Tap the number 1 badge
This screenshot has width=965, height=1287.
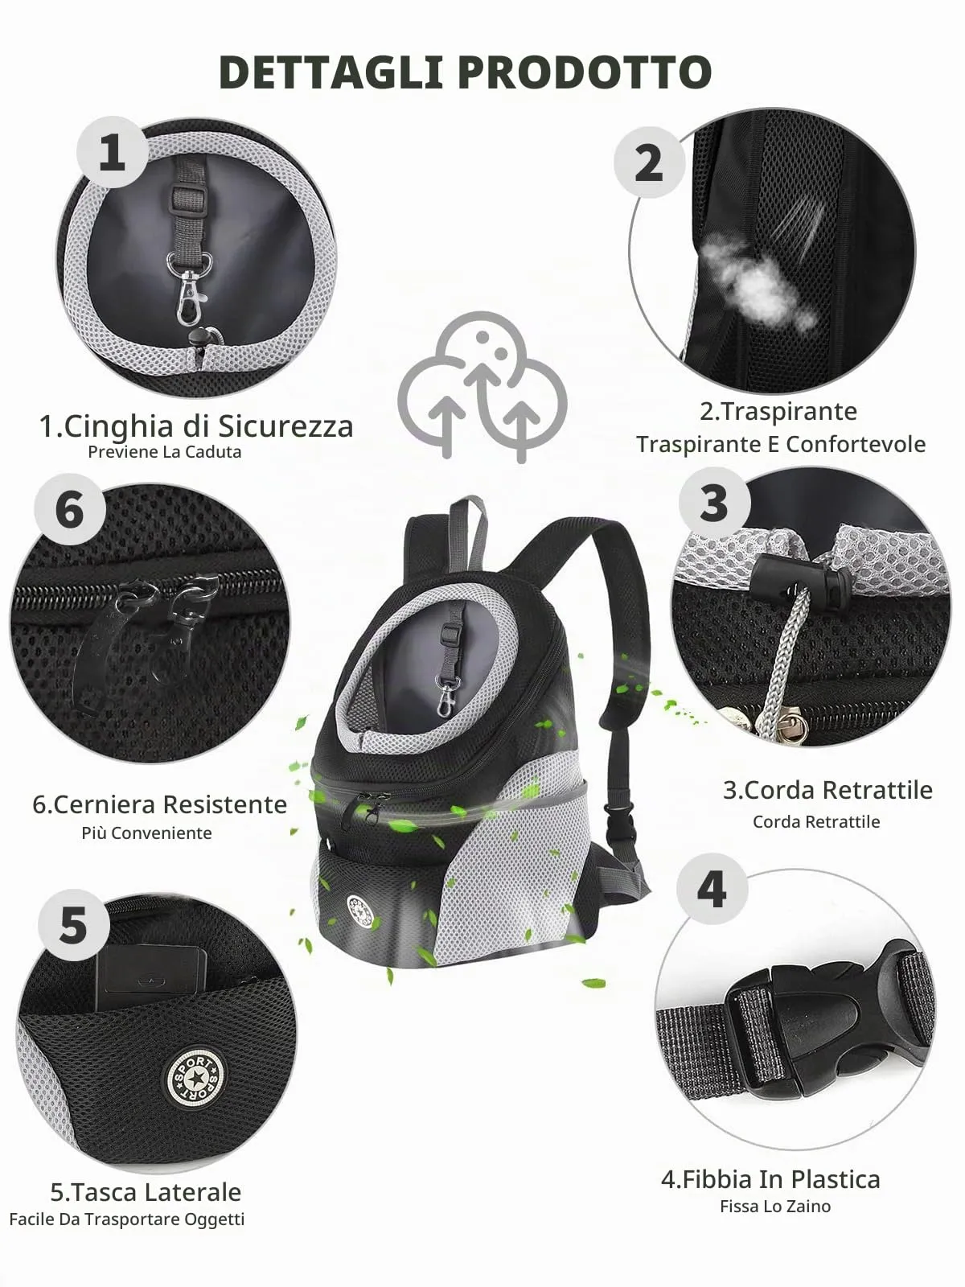[112, 152]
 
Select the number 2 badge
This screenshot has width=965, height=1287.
[649, 162]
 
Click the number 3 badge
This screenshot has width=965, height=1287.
[714, 503]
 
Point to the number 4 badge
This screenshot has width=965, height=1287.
[712, 889]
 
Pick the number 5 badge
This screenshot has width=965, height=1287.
[74, 925]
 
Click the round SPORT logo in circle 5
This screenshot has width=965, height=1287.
[194, 1076]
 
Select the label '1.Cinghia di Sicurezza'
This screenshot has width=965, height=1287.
[195, 426]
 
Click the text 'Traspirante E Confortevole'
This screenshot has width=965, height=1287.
[781, 444]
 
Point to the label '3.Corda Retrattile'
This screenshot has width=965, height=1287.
[827, 790]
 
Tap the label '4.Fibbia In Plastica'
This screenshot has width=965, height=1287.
[770, 1179]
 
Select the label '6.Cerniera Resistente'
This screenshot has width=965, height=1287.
[159, 804]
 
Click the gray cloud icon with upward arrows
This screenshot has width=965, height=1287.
[482, 387]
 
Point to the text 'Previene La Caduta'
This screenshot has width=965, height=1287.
[165, 452]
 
